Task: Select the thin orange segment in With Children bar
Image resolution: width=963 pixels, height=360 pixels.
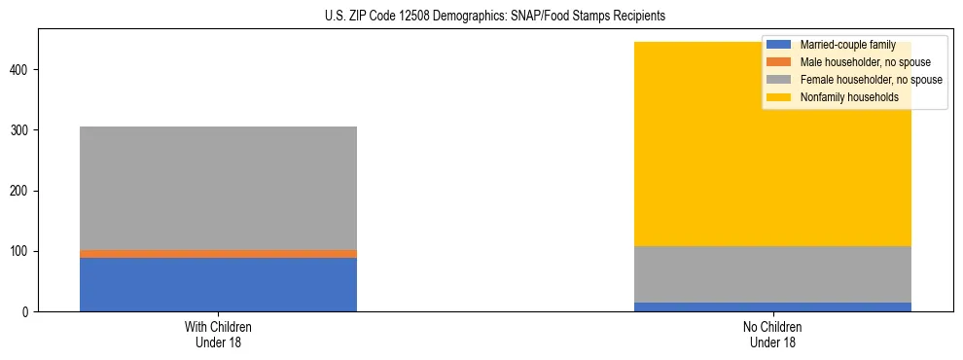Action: pos(218,253)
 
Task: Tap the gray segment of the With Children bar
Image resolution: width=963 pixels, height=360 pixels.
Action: pos(218,188)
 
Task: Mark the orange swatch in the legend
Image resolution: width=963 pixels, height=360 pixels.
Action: pos(779,62)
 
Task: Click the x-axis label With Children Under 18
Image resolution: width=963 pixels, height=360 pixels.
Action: pos(218,334)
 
